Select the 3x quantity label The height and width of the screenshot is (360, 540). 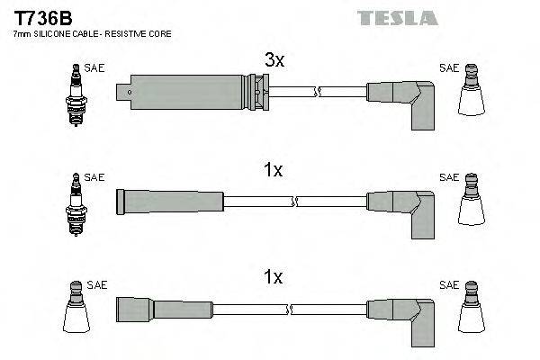click(x=274, y=61)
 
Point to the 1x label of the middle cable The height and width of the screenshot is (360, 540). click(x=272, y=170)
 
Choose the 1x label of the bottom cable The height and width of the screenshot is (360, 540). click(x=272, y=280)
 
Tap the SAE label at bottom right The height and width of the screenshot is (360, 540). click(x=448, y=285)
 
